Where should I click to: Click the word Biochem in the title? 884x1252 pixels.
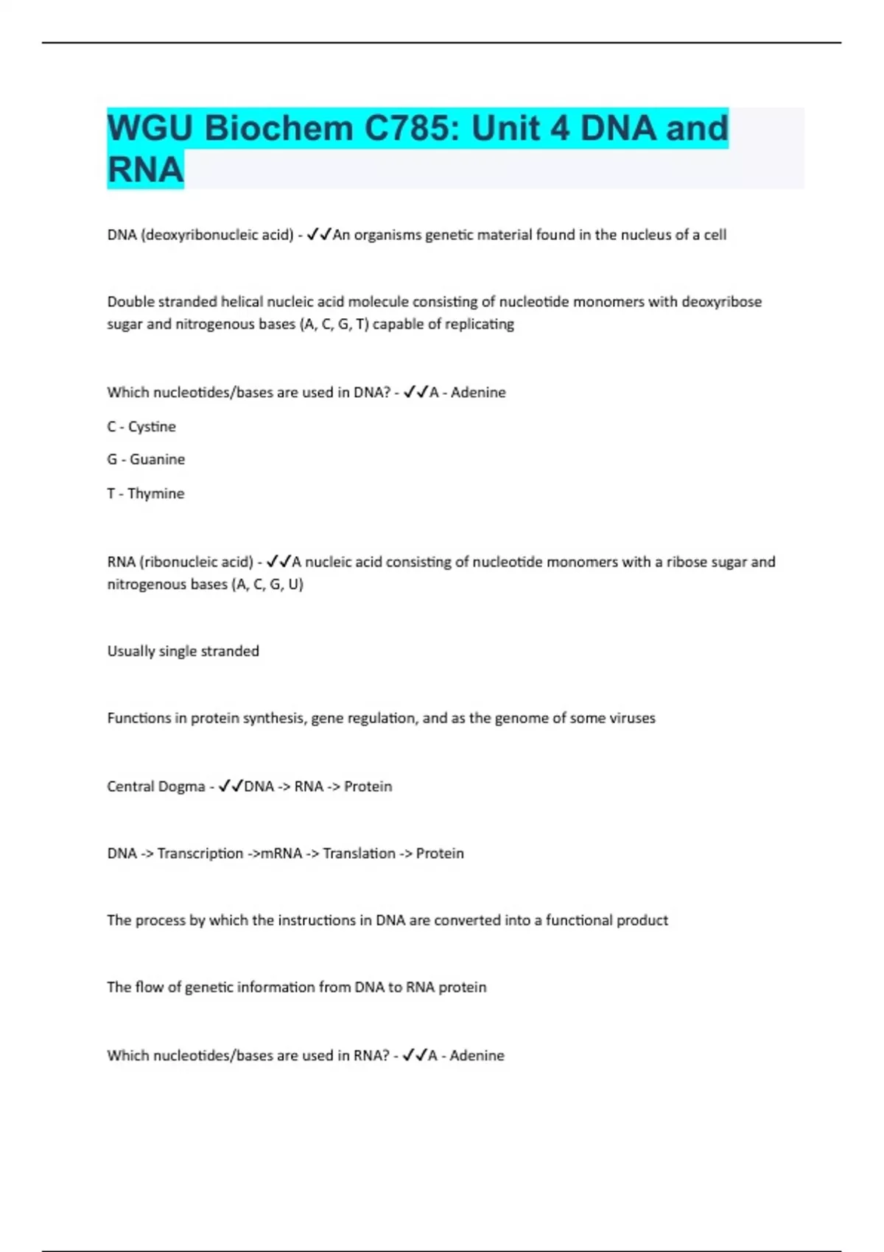coord(278,128)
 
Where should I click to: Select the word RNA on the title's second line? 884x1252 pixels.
coord(145,169)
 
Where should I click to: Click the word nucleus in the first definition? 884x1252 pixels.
coord(634,235)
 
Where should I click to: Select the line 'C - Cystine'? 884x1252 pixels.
coord(141,426)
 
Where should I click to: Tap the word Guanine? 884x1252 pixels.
coord(157,460)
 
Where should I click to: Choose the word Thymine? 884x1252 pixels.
coord(155,493)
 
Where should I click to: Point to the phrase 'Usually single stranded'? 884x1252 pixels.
coord(183,651)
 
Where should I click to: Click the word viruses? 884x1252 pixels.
coord(632,718)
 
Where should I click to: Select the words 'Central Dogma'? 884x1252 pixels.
coord(155,787)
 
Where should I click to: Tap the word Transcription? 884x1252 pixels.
coord(200,854)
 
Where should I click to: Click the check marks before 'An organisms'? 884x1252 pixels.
coord(319,235)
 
